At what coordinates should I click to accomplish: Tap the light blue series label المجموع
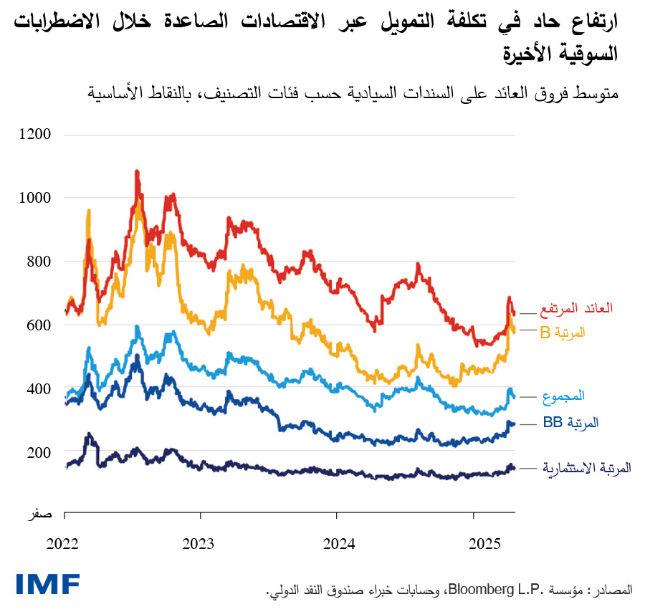(x=565, y=396)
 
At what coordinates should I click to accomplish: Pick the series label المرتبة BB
(x=570, y=423)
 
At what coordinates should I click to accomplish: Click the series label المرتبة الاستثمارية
(x=586, y=468)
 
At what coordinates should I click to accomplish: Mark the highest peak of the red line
(x=136, y=172)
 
